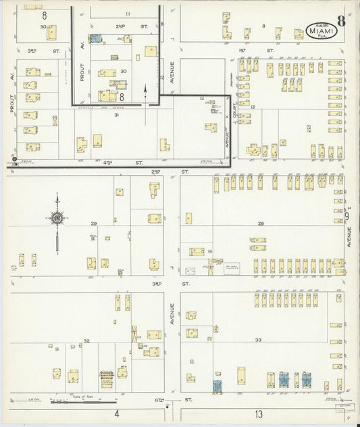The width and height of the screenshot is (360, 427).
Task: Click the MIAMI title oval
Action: pyautogui.click(x=319, y=29)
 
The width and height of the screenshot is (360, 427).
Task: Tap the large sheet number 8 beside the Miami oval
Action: pyautogui.click(x=341, y=20)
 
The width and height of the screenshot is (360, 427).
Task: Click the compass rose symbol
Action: pyautogui.click(x=58, y=218)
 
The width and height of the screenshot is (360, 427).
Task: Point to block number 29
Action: pyautogui.click(x=94, y=224)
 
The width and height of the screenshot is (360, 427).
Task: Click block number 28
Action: pyautogui.click(x=260, y=224)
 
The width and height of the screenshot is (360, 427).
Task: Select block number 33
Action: pyautogui.click(x=258, y=340)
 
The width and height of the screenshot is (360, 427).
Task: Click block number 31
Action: pyautogui.click(x=116, y=115)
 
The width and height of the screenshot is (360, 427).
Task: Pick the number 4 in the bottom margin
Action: pyautogui.click(x=116, y=413)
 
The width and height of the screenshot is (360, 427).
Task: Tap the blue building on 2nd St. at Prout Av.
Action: pyautogui.click(x=96, y=39)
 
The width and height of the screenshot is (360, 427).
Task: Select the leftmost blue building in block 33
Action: pyautogui.click(x=217, y=386)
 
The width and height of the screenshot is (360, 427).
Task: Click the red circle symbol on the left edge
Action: pyautogui.click(x=14, y=159)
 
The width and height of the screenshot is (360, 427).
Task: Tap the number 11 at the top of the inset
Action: pyautogui.click(x=127, y=14)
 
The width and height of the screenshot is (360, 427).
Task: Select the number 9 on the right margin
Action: pyautogui.click(x=350, y=216)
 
